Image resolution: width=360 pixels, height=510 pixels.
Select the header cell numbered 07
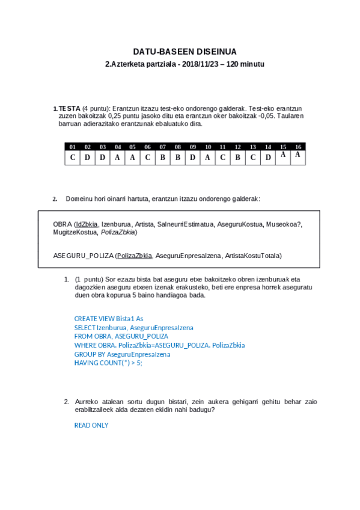click(163, 147)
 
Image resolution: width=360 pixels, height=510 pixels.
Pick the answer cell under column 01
click(72, 158)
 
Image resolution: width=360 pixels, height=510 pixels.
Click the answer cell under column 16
click(298, 156)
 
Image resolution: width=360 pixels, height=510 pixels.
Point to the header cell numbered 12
click(238, 147)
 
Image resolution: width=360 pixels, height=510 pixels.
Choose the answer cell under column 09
click(193, 158)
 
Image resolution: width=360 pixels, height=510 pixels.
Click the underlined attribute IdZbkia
click(87, 224)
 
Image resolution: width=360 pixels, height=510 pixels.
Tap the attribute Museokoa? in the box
click(284, 224)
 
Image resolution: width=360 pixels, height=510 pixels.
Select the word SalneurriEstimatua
click(185, 224)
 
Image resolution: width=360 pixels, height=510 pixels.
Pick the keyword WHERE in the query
click(85, 345)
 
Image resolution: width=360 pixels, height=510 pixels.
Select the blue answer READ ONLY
click(91, 425)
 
